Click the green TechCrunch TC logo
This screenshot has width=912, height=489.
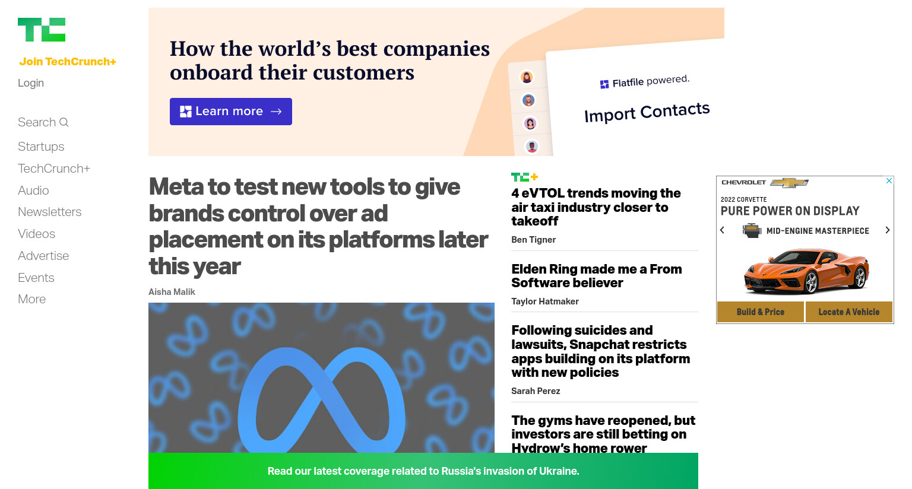tap(42, 30)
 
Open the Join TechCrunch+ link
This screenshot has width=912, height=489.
tap(68, 62)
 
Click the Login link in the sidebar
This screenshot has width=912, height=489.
tap(31, 83)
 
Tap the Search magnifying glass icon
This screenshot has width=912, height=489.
tap(64, 122)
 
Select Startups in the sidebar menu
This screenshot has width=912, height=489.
tap(41, 147)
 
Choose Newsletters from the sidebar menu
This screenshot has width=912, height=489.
tap(50, 212)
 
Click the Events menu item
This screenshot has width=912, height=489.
tap(36, 278)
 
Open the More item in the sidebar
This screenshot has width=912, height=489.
tap(31, 299)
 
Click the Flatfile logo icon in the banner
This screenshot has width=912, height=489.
tap(604, 84)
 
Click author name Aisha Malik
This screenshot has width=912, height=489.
tap(172, 292)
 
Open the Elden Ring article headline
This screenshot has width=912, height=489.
tap(597, 276)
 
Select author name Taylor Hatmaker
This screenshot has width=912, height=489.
tap(544, 301)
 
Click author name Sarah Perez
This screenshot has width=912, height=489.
tap(536, 391)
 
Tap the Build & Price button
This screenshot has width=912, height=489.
tap(761, 312)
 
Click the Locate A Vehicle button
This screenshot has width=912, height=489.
tap(849, 312)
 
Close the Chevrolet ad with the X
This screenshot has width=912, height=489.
tap(889, 180)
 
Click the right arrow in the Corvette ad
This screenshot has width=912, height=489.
tap(888, 230)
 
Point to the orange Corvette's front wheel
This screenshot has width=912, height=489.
tap(810, 282)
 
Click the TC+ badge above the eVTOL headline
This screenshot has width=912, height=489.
tap(525, 177)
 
